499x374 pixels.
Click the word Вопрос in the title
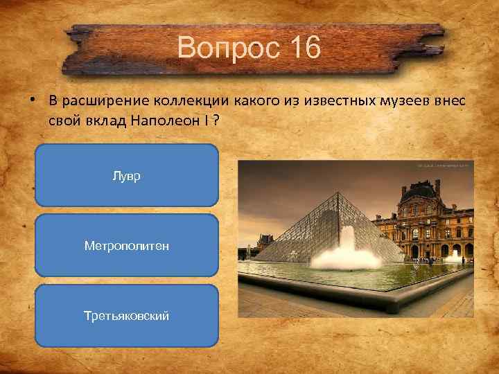221,48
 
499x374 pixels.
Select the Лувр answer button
127,176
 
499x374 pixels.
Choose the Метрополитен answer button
127,246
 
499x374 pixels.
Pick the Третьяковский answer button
127,316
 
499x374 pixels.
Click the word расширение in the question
99,101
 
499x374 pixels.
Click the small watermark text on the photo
444,166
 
